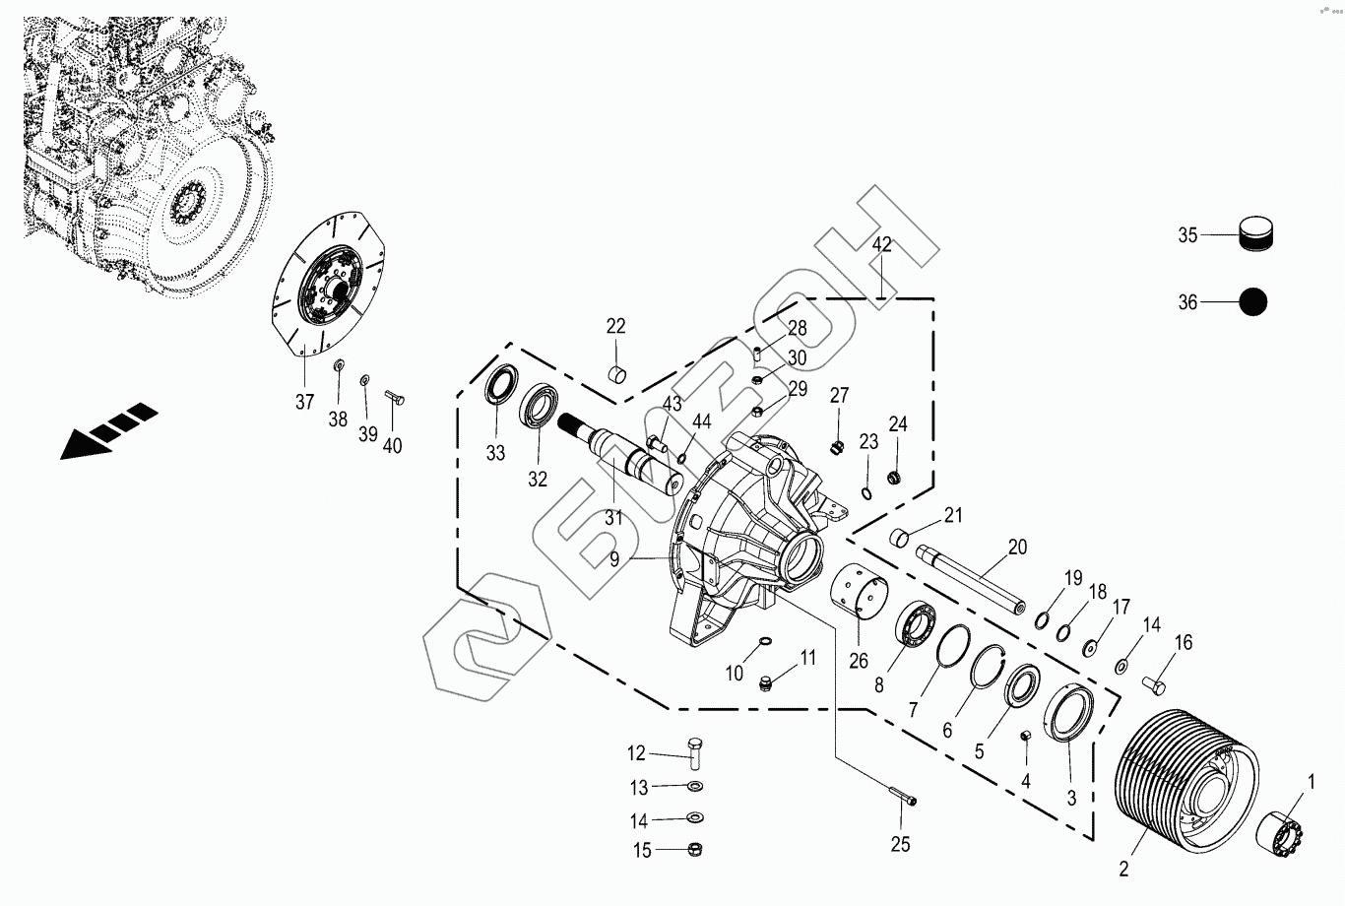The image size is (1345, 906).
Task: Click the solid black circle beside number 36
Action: click(x=1252, y=302)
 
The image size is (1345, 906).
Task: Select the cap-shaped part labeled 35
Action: click(x=1254, y=234)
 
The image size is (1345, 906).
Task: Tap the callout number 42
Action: click(x=881, y=244)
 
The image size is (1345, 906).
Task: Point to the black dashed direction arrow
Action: click(x=108, y=429)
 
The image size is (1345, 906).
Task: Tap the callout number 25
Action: click(x=900, y=844)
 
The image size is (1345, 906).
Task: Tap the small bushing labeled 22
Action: click(x=617, y=375)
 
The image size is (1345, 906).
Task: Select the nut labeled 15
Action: click(x=694, y=849)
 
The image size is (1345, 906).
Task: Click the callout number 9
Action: click(x=614, y=559)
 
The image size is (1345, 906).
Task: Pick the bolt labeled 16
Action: click(x=1154, y=681)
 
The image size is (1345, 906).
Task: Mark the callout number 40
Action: click(x=392, y=446)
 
